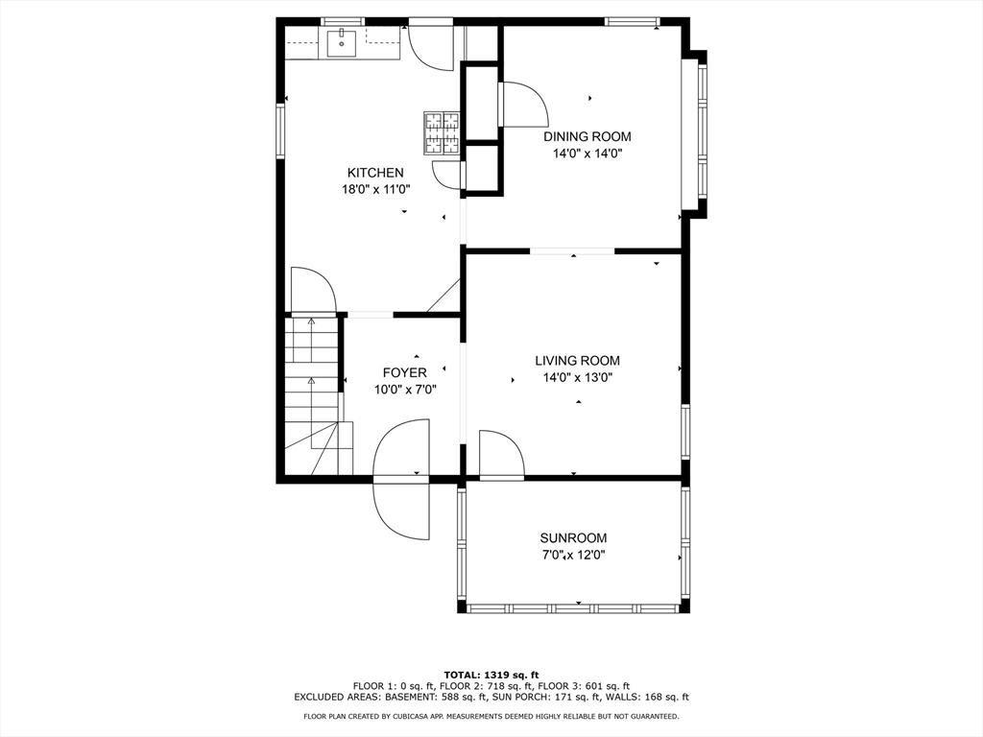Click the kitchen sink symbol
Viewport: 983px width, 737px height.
pos(342,43)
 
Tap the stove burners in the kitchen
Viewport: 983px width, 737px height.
pos(442,132)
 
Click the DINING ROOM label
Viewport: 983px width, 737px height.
pos(587,136)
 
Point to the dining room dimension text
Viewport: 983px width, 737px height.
pos(587,153)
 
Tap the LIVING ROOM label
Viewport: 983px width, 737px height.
pos(577,361)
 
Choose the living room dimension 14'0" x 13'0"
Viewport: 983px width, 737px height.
pos(577,377)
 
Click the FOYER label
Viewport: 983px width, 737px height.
pos(405,372)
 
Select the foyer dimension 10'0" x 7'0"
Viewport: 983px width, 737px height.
pos(405,389)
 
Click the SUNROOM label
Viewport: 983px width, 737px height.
pos(573,538)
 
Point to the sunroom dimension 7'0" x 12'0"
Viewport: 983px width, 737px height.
pos(573,555)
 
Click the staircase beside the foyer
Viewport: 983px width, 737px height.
pos(313,393)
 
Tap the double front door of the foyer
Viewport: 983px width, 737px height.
pos(401,478)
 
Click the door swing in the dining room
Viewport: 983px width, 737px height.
pos(521,105)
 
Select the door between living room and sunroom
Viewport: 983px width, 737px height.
pos(501,456)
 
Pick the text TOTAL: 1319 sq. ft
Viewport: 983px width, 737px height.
pos(491,675)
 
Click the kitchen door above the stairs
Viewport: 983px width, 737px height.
pos(312,291)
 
